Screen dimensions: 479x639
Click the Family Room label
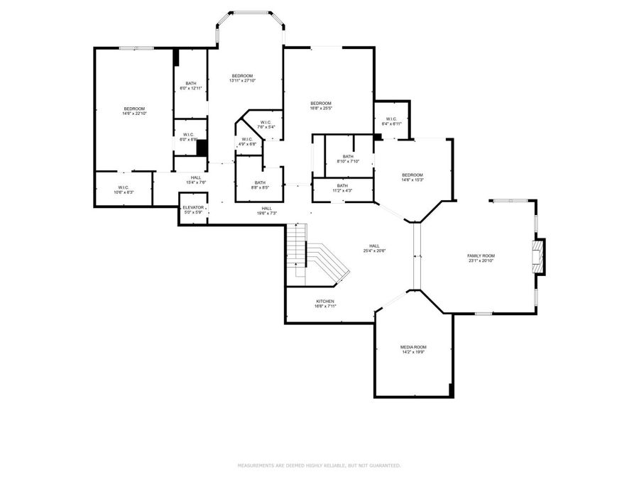click(481, 258)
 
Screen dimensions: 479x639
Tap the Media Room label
click(413, 349)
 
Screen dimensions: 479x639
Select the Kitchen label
click(325, 304)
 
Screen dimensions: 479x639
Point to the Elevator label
click(193, 209)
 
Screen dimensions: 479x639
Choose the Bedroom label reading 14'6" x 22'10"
click(134, 111)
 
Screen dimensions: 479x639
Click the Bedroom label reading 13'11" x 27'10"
click(242, 78)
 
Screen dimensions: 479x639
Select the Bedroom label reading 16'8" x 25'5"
click(320, 106)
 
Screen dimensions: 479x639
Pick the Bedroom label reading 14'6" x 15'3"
click(412, 177)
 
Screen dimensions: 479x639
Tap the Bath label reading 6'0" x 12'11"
click(191, 86)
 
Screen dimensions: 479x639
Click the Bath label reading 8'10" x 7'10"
click(348, 159)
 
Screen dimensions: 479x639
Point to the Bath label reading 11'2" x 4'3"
click(342, 188)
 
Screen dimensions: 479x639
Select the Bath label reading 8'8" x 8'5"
click(259, 185)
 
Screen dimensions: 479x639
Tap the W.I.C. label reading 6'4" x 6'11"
click(391, 121)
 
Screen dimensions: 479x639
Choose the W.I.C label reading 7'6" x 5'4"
click(266, 125)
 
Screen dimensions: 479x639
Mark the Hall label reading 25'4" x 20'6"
click(374, 248)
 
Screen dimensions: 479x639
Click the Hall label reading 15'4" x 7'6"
click(195, 180)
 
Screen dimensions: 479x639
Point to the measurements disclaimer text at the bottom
click(319, 466)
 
